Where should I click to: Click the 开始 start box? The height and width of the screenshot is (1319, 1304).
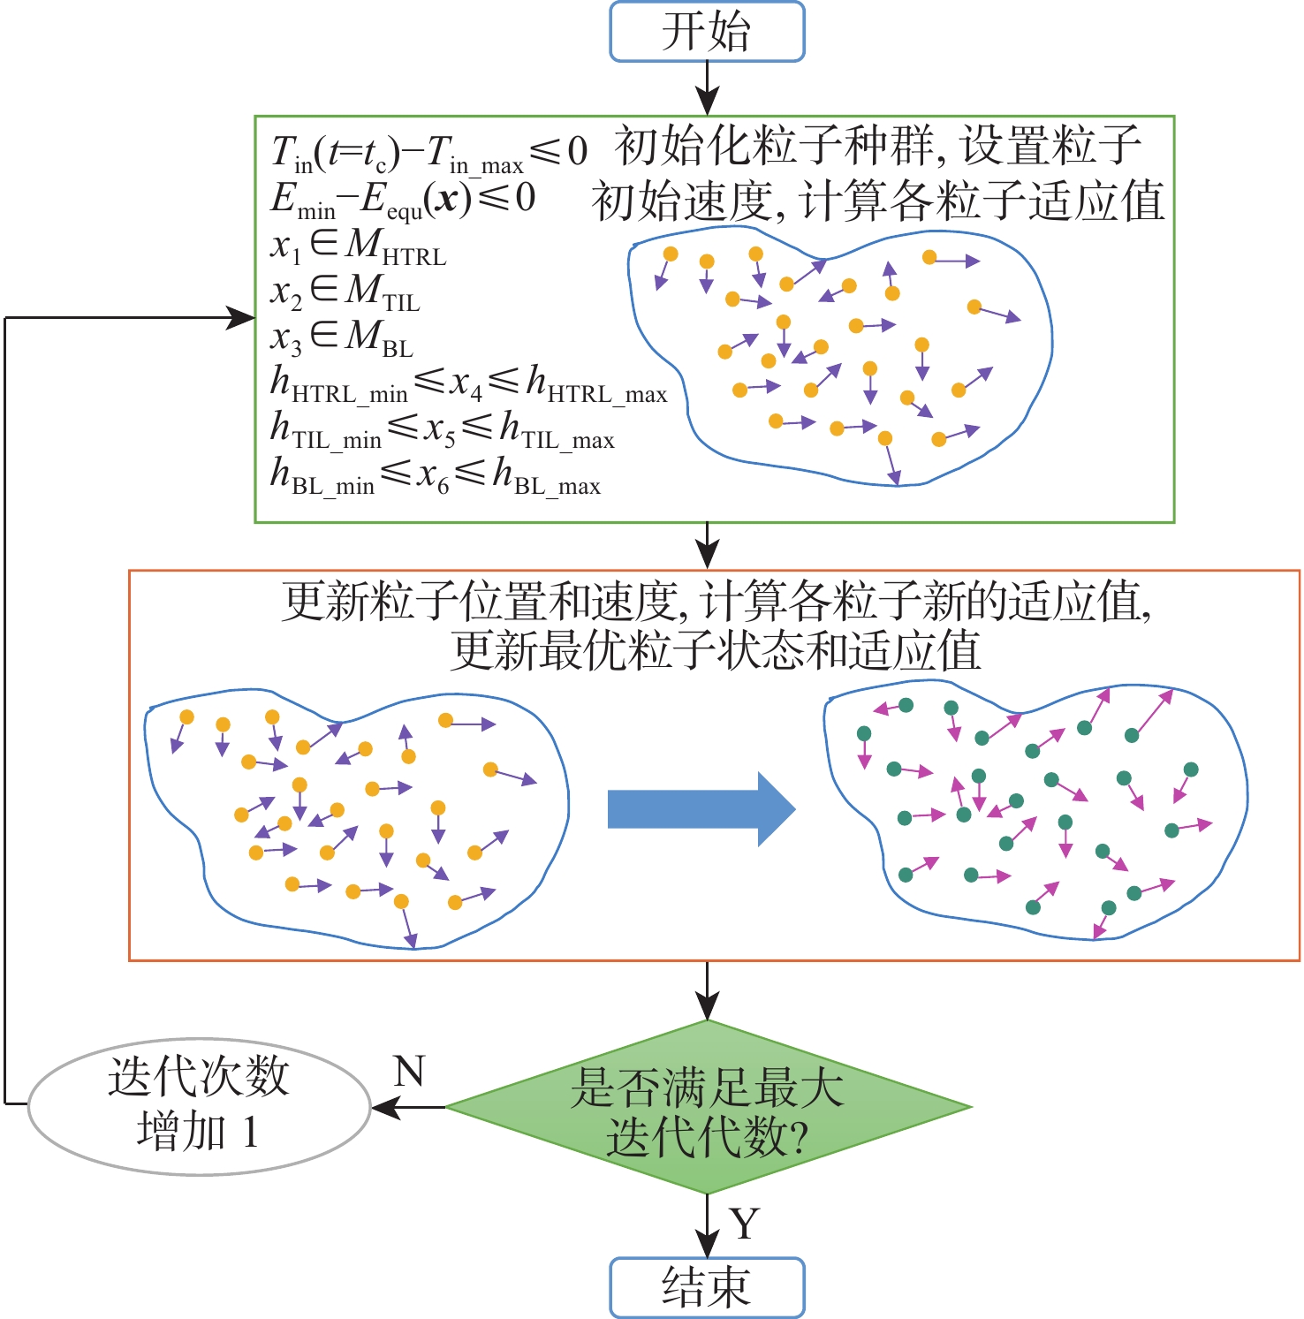coord(707,32)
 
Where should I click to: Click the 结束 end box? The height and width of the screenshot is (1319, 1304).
coord(707,1287)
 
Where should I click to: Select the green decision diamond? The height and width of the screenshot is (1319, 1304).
coord(708,1107)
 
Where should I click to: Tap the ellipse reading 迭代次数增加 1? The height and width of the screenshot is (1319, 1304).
coord(199,1106)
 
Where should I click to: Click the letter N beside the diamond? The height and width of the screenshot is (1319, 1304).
coord(409,1072)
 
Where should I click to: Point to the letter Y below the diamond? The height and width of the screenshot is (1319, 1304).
coord(745,1224)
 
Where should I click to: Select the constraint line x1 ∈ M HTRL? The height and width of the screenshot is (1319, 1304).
coord(358,246)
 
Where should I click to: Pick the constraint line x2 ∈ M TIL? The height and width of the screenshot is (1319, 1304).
coord(345,292)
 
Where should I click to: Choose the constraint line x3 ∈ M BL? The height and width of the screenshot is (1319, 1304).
coord(341,338)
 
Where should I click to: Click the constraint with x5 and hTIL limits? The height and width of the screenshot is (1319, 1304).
coord(442,430)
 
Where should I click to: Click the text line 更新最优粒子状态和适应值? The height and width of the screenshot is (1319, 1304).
coord(716,652)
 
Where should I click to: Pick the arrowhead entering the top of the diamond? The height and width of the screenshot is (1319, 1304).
coord(707,1007)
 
